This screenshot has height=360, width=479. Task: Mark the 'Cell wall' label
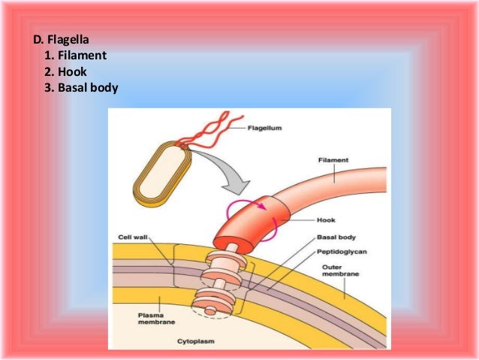click(132, 237)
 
